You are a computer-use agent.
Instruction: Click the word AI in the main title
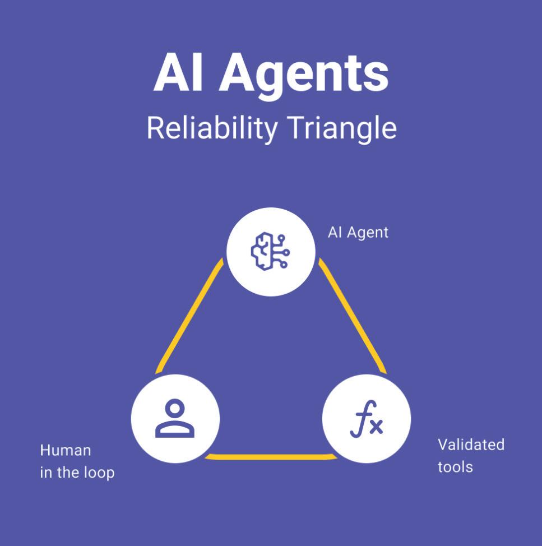pos(179,74)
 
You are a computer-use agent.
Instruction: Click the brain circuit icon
pos(270,252)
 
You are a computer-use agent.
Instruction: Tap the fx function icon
pos(367,419)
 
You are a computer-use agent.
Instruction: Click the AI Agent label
pos(358,232)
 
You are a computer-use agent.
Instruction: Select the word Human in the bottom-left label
pos(65,450)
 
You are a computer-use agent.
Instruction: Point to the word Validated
pos(471,445)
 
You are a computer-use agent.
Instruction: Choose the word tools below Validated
pos(455,466)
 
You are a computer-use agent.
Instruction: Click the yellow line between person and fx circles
pos(271,457)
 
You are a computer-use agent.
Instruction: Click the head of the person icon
pos(175,408)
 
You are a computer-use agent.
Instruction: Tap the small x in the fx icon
pos(376,427)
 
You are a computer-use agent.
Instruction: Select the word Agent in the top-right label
pos(368,232)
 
